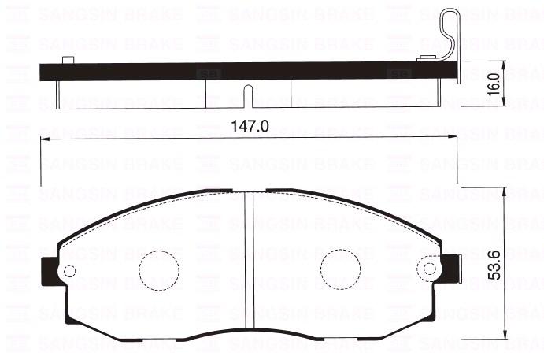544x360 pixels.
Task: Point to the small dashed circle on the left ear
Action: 68,272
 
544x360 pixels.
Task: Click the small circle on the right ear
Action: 429,267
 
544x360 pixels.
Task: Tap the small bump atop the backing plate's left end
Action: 68,60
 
